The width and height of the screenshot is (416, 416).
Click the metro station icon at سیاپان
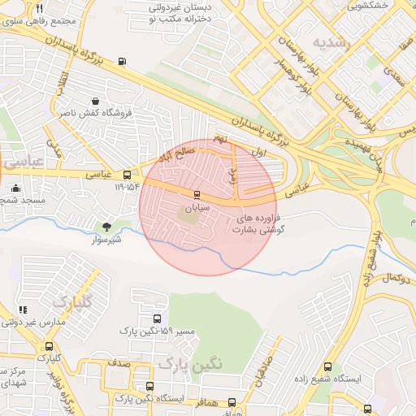click(x=196, y=194)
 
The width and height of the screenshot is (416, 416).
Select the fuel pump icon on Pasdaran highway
click(x=123, y=61)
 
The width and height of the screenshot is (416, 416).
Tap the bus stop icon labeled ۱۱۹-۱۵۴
click(x=128, y=175)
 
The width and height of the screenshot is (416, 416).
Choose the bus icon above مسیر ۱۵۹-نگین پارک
click(x=157, y=318)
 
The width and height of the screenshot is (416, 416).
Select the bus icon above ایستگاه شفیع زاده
click(x=327, y=366)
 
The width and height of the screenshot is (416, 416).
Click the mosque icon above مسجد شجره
click(x=15, y=188)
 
